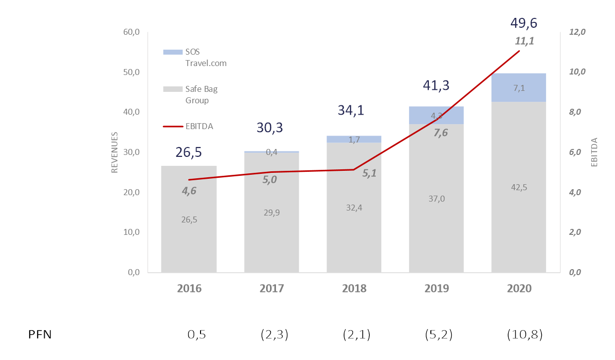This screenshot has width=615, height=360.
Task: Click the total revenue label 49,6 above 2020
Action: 524,23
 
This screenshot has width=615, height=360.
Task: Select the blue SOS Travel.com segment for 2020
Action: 519,87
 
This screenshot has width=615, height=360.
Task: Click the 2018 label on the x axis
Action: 354,288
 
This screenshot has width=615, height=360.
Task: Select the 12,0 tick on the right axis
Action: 577,32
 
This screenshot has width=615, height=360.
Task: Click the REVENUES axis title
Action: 115,152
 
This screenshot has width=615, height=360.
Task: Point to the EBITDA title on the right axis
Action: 594,152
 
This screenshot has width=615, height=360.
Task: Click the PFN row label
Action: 40,335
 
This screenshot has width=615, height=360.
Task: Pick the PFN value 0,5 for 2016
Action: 197,335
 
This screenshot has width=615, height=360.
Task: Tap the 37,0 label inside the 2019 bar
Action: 437,199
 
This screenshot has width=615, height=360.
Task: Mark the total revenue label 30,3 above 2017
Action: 270,128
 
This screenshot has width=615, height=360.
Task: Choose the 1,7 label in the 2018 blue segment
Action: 354,140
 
